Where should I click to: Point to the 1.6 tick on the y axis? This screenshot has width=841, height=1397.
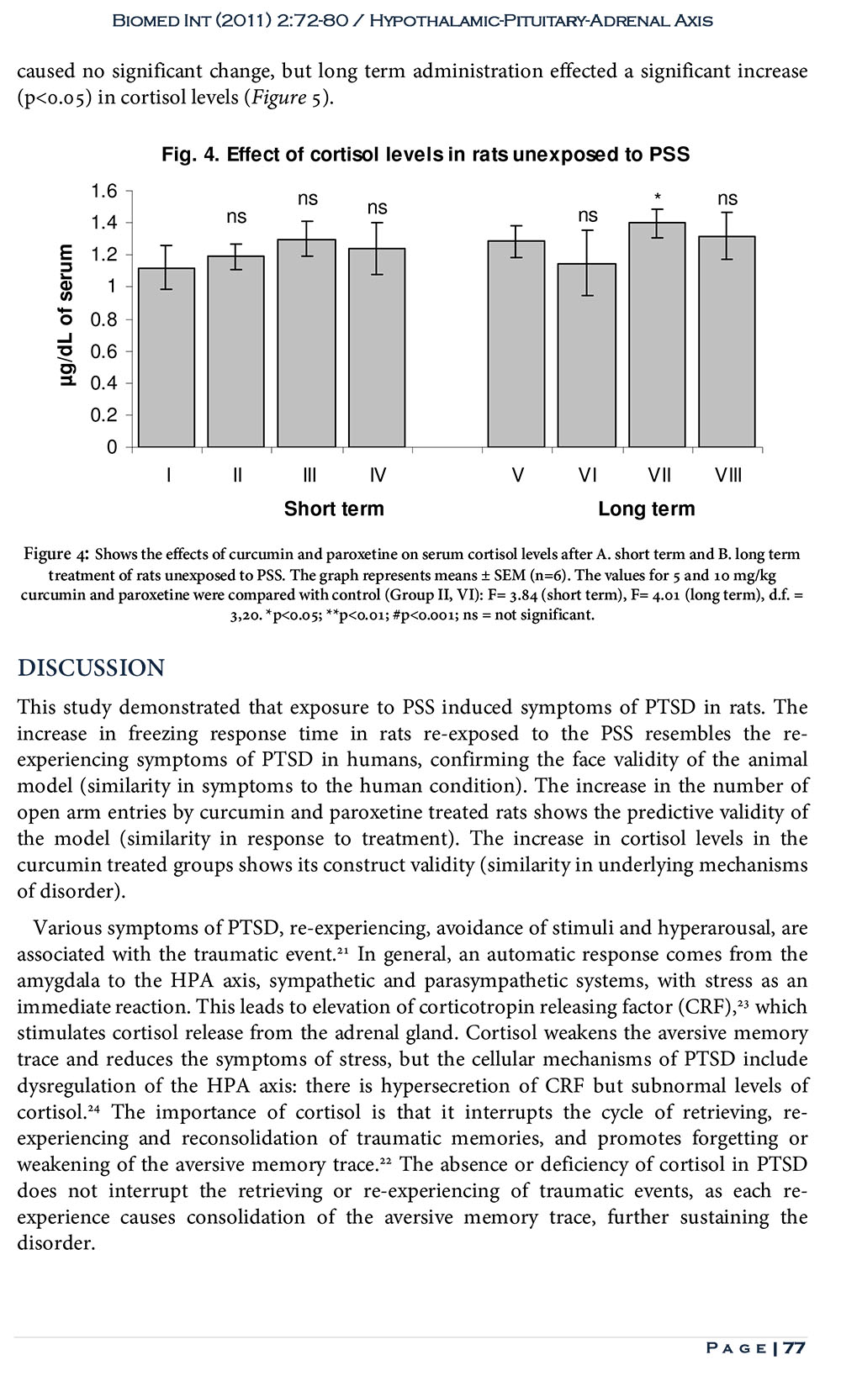(x=105, y=191)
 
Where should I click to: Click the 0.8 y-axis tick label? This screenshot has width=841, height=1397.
(x=105, y=319)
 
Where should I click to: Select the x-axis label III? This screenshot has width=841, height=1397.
(x=309, y=476)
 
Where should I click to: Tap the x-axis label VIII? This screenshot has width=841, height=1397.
(x=727, y=476)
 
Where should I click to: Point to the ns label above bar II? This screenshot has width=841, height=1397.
(x=236, y=217)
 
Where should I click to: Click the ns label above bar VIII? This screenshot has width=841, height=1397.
(x=727, y=199)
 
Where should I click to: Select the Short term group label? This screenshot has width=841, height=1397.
(x=334, y=509)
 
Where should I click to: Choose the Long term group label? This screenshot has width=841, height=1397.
(x=646, y=509)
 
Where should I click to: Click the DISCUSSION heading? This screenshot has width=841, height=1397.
(x=92, y=668)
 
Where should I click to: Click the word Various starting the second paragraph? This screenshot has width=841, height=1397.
(x=69, y=928)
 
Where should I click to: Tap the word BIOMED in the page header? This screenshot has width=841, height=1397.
(x=144, y=20)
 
